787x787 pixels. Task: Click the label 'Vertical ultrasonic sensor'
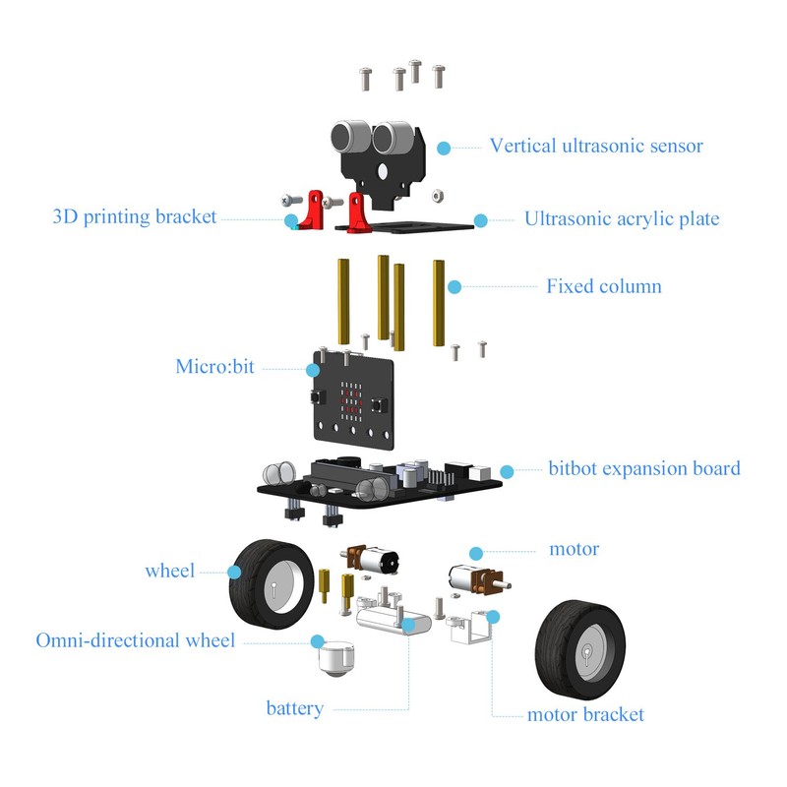[596, 147]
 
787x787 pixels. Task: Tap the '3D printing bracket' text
[134, 216]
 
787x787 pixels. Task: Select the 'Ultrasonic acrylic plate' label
[622, 218]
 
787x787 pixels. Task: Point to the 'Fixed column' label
[604, 287]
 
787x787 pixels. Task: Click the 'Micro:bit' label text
[214, 367]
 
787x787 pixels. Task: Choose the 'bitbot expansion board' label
[644, 469]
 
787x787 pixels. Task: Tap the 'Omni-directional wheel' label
[136, 641]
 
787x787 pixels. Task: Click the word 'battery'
[294, 708]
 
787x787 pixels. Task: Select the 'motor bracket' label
[586, 714]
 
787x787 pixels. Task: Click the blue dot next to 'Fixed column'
[454, 287]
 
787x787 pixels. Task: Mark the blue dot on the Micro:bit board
[313, 370]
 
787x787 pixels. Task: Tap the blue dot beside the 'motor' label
[476, 553]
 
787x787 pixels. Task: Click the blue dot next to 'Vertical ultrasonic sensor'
[444, 148]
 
